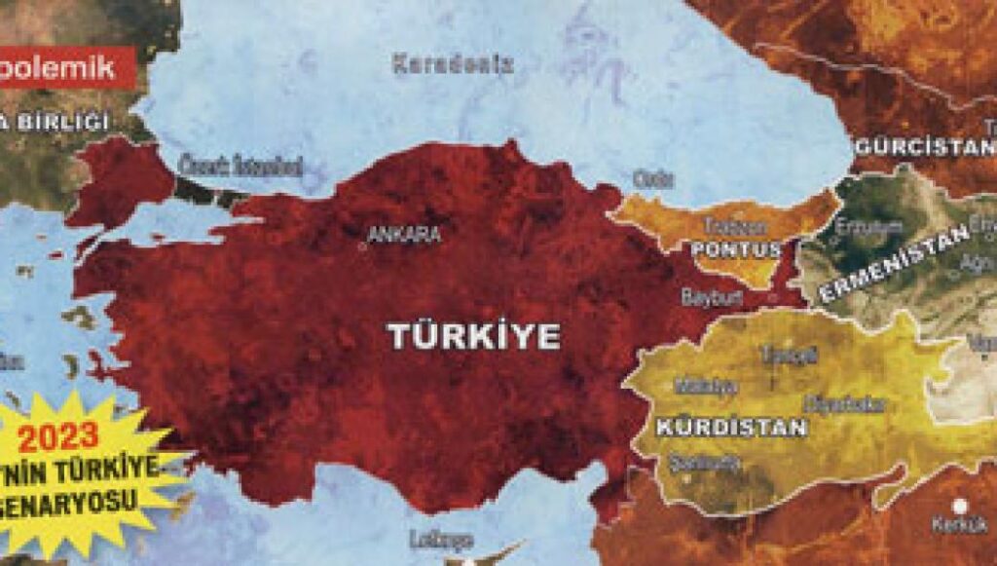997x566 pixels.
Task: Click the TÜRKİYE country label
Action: [474, 336]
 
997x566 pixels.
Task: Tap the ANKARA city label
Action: [404, 235]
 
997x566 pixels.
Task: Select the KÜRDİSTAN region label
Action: [732, 427]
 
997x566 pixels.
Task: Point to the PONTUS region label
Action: [737, 249]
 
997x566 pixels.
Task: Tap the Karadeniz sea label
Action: [453, 65]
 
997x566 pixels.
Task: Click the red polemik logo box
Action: [65, 67]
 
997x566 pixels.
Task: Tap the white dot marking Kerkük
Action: [962, 505]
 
